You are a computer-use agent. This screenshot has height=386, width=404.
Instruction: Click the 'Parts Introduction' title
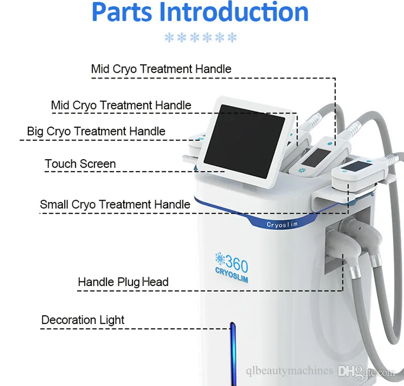coord(200,12)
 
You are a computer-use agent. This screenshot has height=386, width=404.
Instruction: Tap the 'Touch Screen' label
coord(80,164)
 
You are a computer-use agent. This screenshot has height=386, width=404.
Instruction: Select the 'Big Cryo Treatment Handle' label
coord(96,131)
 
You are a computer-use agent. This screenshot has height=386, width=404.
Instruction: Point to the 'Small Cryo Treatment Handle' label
coord(115,205)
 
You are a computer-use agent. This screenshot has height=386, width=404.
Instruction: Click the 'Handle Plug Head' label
coord(123,282)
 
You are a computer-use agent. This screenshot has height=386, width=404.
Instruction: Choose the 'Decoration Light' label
coord(83,320)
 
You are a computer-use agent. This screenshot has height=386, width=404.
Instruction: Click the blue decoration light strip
coord(233,354)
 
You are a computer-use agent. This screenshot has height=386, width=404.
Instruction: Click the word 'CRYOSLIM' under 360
coord(232,275)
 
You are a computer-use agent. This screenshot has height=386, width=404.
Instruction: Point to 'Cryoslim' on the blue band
coord(282,225)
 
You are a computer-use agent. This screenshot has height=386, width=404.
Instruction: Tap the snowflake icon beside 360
coord(220,258)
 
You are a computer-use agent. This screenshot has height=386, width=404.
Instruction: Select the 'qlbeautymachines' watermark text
coord(289,371)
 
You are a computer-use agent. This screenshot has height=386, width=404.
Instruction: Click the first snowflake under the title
coord(169,37)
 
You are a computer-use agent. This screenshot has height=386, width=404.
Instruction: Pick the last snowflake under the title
coord(232,37)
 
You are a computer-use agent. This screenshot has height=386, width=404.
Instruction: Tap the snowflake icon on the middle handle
coord(301,170)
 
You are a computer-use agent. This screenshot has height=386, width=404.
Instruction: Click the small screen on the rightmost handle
coord(357,166)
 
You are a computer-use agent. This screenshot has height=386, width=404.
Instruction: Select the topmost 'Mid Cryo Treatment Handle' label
coord(161,69)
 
